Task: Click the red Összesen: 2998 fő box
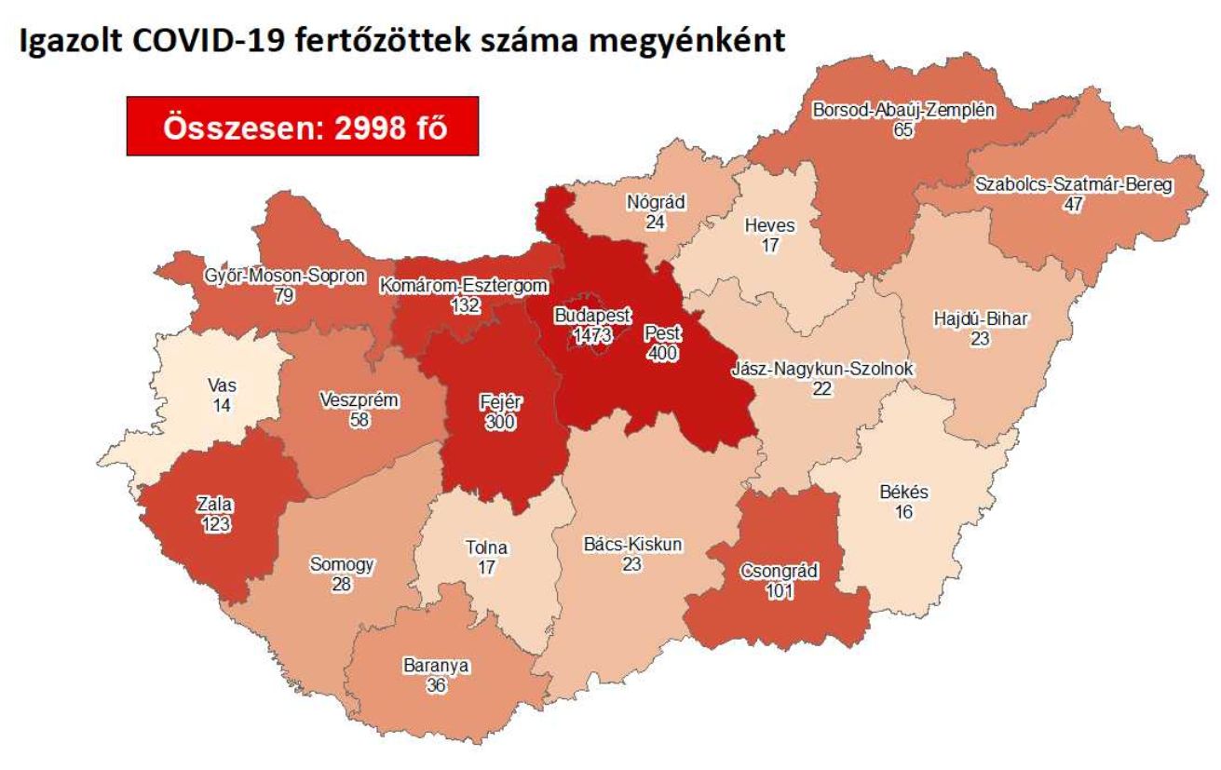(303, 126)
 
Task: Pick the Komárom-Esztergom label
(464, 286)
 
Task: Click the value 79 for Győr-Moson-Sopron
(284, 296)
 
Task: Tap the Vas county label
(222, 385)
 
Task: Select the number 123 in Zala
(214, 524)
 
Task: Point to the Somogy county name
(342, 564)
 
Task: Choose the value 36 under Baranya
(436, 685)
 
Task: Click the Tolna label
(486, 547)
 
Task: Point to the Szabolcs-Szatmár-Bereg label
(1074, 185)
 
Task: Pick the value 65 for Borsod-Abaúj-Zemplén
(902, 129)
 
